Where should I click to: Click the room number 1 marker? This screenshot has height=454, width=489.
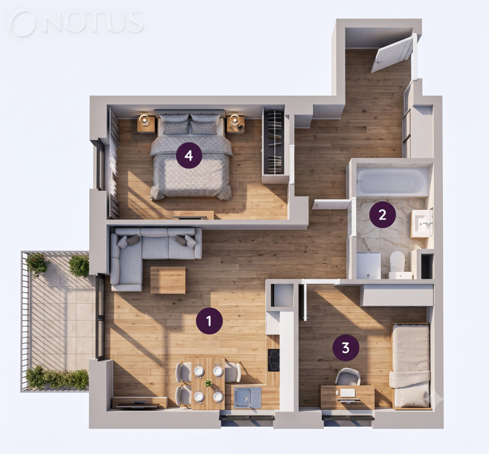pyautogui.click(x=209, y=320)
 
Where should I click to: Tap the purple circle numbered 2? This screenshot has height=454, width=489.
pyautogui.click(x=382, y=215)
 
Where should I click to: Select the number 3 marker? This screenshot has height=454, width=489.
pyautogui.click(x=345, y=347)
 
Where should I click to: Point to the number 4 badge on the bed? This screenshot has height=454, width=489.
pyautogui.click(x=188, y=155)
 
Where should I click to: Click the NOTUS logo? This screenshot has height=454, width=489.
pyautogui.click(x=77, y=23)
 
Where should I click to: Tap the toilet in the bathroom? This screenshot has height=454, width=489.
pyautogui.click(x=397, y=264)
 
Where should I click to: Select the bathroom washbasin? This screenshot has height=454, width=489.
pyautogui.click(x=422, y=223)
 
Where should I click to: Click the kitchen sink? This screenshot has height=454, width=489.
pyautogui.click(x=248, y=397)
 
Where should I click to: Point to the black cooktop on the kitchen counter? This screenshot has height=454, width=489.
pyautogui.click(x=273, y=360)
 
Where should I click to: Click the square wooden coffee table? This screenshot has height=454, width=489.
pyautogui.click(x=168, y=280)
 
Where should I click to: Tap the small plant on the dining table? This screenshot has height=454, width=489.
pyautogui.click(x=208, y=383)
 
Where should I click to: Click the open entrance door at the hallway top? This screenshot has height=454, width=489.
pyautogui.click(x=393, y=55)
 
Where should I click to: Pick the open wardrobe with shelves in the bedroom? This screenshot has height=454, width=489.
pyautogui.click(x=273, y=145)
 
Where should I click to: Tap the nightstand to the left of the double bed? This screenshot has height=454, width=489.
pyautogui.click(x=146, y=124)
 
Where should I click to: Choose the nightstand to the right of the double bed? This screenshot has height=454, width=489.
pyautogui.click(x=236, y=124)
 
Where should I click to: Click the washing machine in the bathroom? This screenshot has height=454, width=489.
pyautogui.click(x=369, y=265)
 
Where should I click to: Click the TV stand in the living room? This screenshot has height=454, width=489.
pyautogui.click(x=139, y=403)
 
